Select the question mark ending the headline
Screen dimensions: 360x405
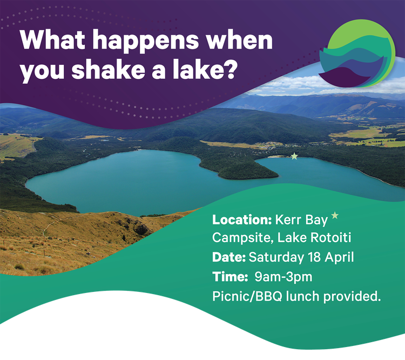pyautogui.click(x=229, y=71)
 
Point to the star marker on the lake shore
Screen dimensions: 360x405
pyautogui.click(x=294, y=156)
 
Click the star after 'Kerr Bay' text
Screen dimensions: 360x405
pyautogui.click(x=335, y=216)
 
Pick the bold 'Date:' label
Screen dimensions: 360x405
pyautogui.click(x=229, y=257)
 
